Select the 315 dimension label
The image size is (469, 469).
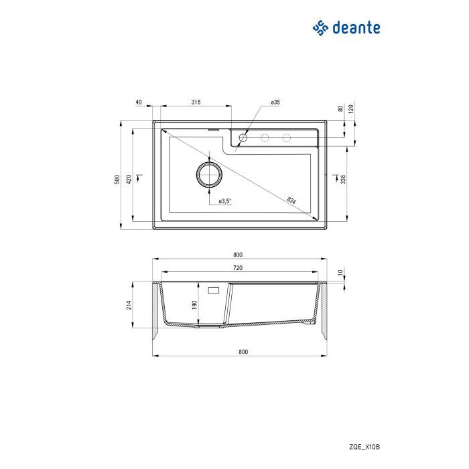pos(196,102)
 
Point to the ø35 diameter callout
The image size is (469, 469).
pos(275,102)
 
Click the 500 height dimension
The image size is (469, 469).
pos(117,179)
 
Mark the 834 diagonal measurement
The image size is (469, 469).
pos(291,200)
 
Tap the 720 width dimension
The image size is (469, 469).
pos(237,268)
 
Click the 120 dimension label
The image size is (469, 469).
pos(351,109)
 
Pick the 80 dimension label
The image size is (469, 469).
pos(341,109)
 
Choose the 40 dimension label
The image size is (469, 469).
pos(138,102)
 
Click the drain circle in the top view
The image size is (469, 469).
pos(209,174)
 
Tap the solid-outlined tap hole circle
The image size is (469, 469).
pos(243,138)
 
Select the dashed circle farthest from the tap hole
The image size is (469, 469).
pos(287,138)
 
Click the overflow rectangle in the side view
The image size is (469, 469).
pos(215,291)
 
